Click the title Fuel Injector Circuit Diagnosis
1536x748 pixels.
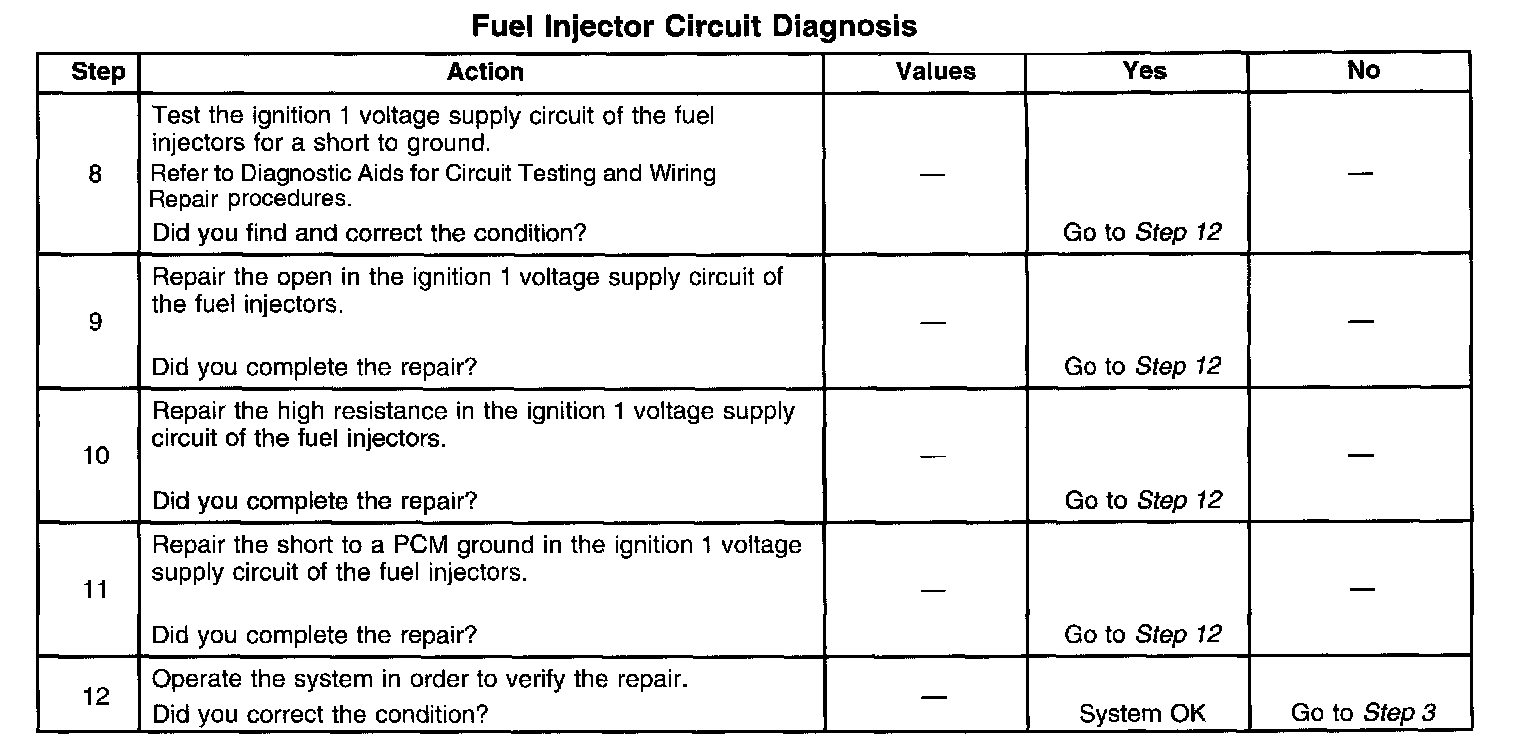pos(694,26)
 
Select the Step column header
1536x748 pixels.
pos(98,72)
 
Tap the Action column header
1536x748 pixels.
pos(485,72)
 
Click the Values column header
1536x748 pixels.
pos(935,72)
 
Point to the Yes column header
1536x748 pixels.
pos(1144,71)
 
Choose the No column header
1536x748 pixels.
pos(1363,71)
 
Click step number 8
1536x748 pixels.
pos(95,175)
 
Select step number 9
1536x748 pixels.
pos(95,323)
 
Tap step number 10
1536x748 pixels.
pos(95,457)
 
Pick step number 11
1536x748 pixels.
pos(95,590)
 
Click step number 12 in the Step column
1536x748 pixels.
pos(95,697)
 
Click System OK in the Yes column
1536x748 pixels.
pos(1142,714)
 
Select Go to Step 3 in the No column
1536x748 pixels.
pos(1363,714)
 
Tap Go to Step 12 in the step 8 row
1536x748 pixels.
pos(1142,233)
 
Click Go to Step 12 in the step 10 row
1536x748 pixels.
pos(1142,500)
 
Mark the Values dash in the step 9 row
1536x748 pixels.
pos(933,323)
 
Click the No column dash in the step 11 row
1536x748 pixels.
pos(1362,589)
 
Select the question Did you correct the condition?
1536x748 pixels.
pos(320,715)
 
